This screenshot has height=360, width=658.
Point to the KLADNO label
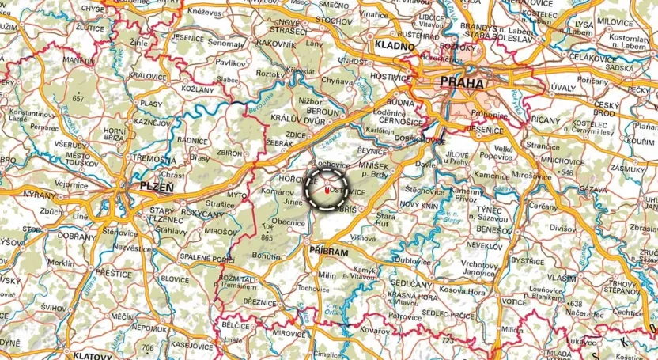point(395,46)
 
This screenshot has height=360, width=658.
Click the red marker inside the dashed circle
point(327,190)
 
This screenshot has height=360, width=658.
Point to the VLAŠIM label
point(561,278)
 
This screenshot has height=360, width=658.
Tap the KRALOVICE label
point(148,76)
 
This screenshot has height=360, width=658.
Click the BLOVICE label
point(175,279)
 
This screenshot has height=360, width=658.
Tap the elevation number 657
point(78,98)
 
